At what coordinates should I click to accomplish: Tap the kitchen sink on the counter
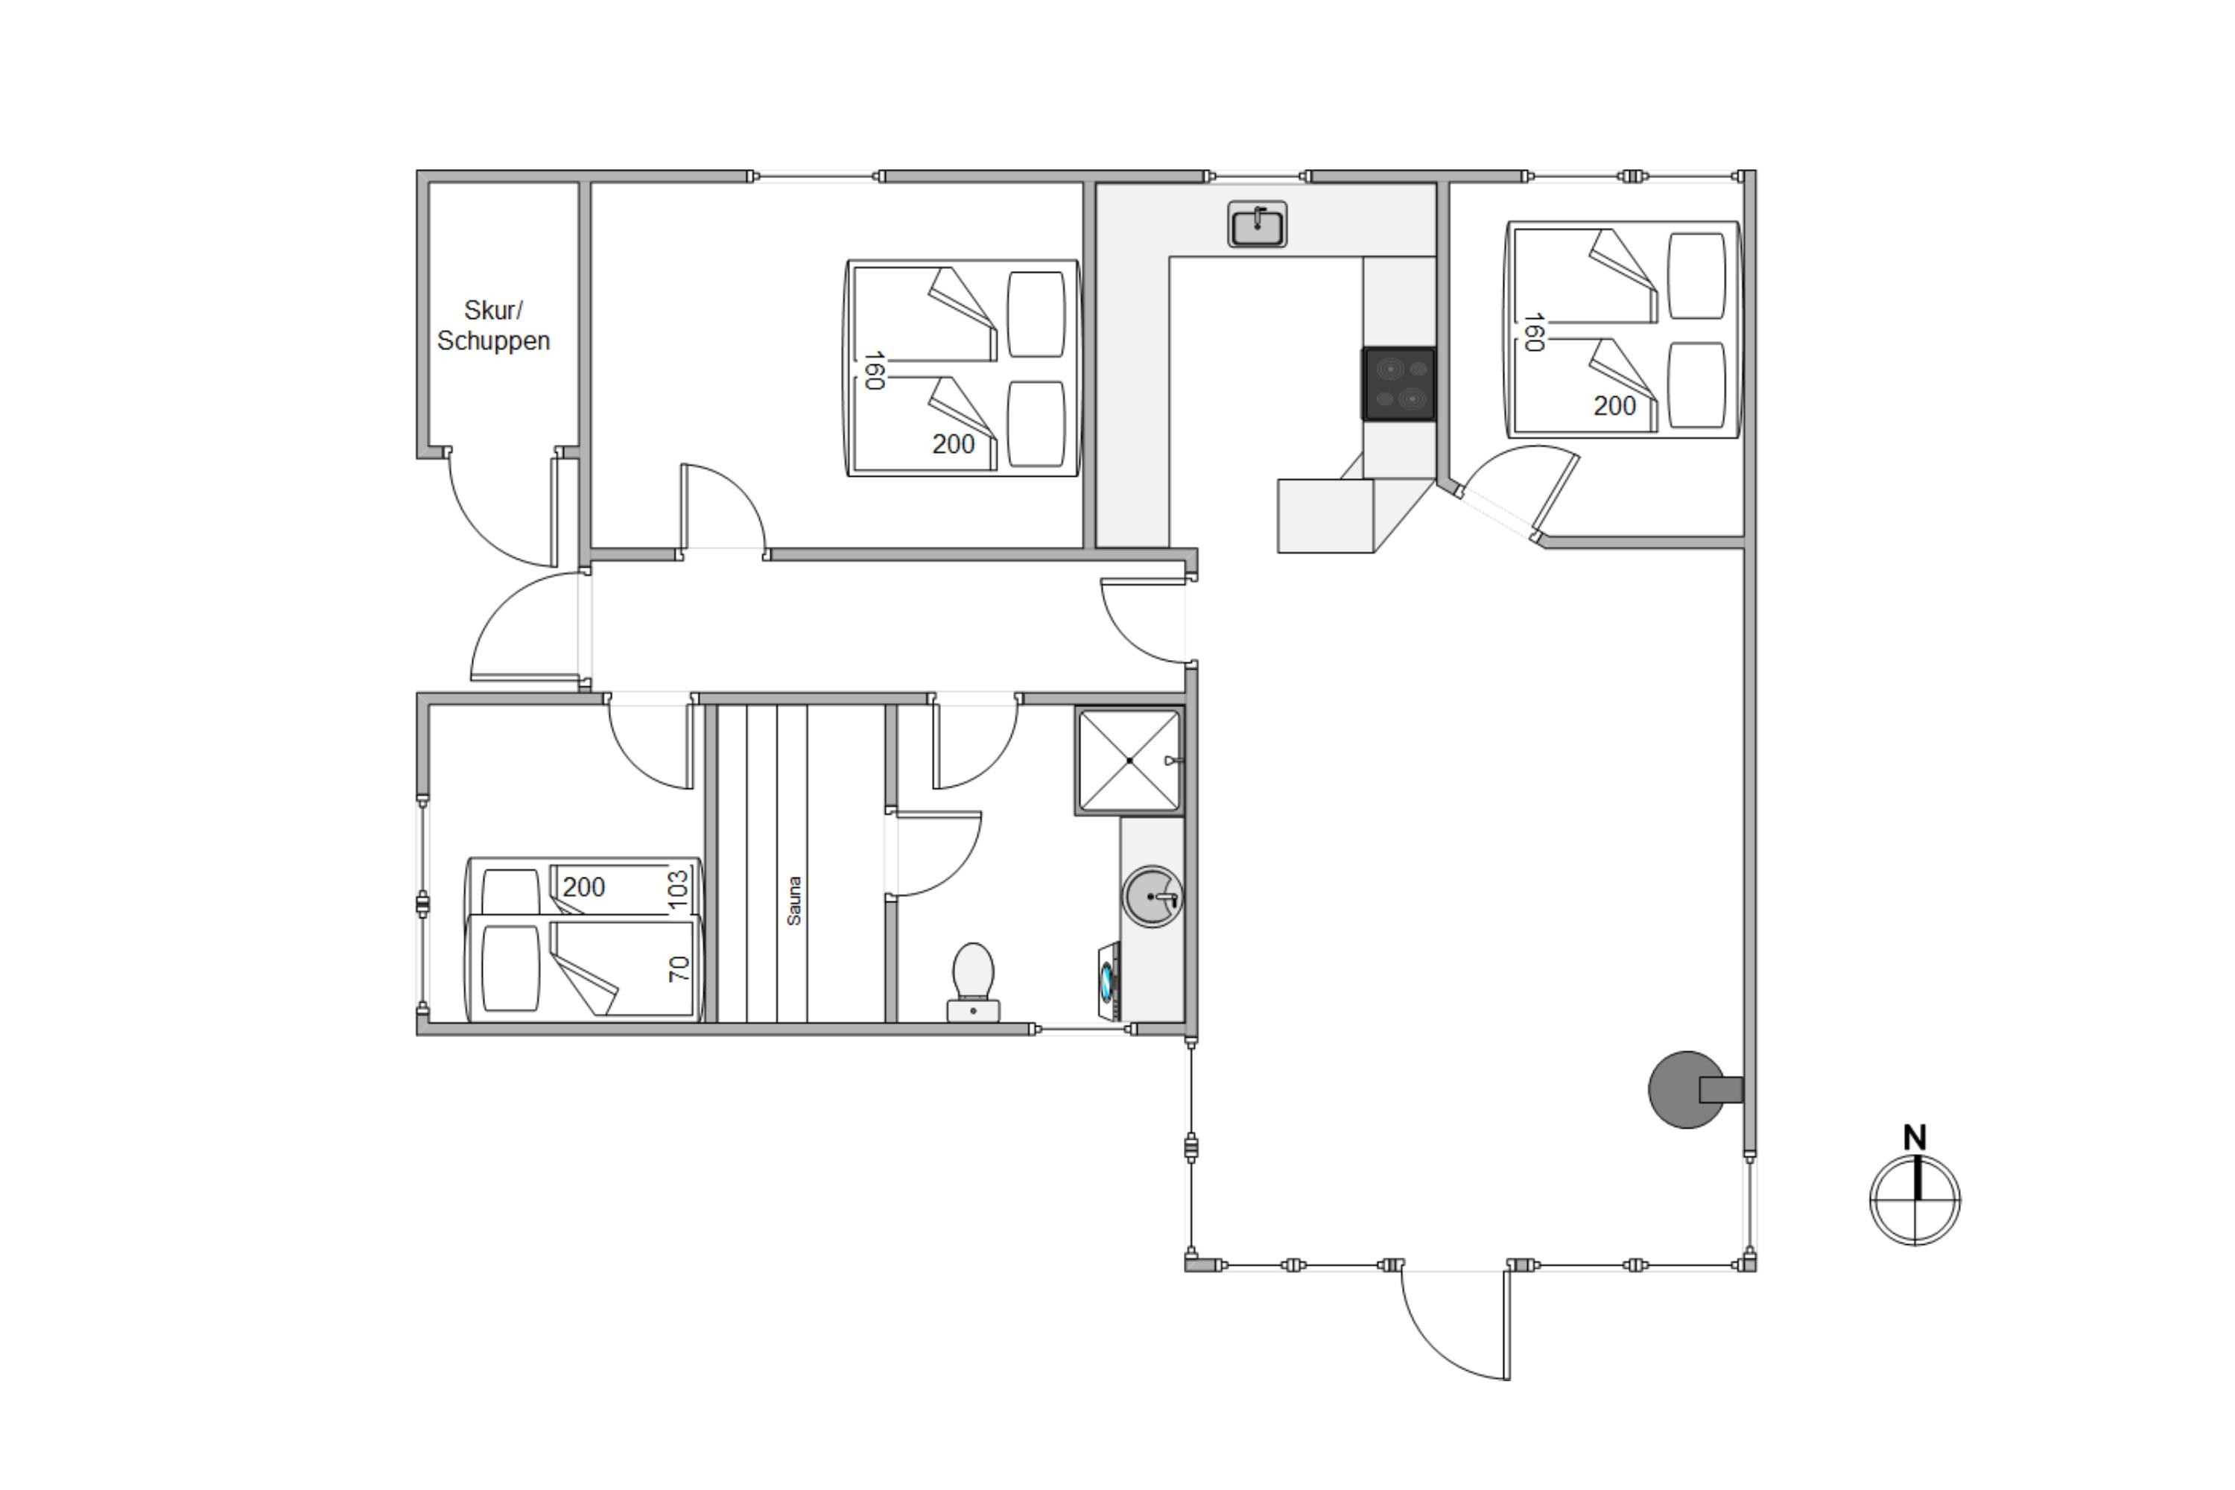point(1258,224)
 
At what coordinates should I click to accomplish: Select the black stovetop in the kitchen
point(1399,384)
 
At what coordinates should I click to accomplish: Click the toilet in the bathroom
point(973,982)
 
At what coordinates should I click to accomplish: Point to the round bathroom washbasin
point(1153,896)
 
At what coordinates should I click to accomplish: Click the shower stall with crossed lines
point(1130,761)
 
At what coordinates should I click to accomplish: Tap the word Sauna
point(794,900)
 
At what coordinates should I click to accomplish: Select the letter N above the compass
point(1915,1138)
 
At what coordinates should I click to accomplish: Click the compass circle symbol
point(1915,1200)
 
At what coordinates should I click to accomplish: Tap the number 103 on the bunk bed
point(677,890)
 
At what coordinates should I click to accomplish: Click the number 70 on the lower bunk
point(679,969)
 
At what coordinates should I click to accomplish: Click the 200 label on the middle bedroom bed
point(953,444)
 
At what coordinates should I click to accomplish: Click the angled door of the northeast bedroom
point(1556,496)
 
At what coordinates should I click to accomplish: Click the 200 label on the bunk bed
point(583,887)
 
